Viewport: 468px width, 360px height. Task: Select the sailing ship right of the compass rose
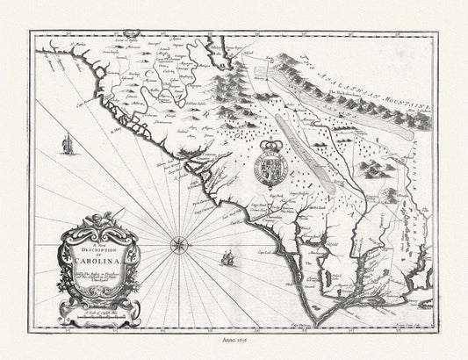[227, 259]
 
